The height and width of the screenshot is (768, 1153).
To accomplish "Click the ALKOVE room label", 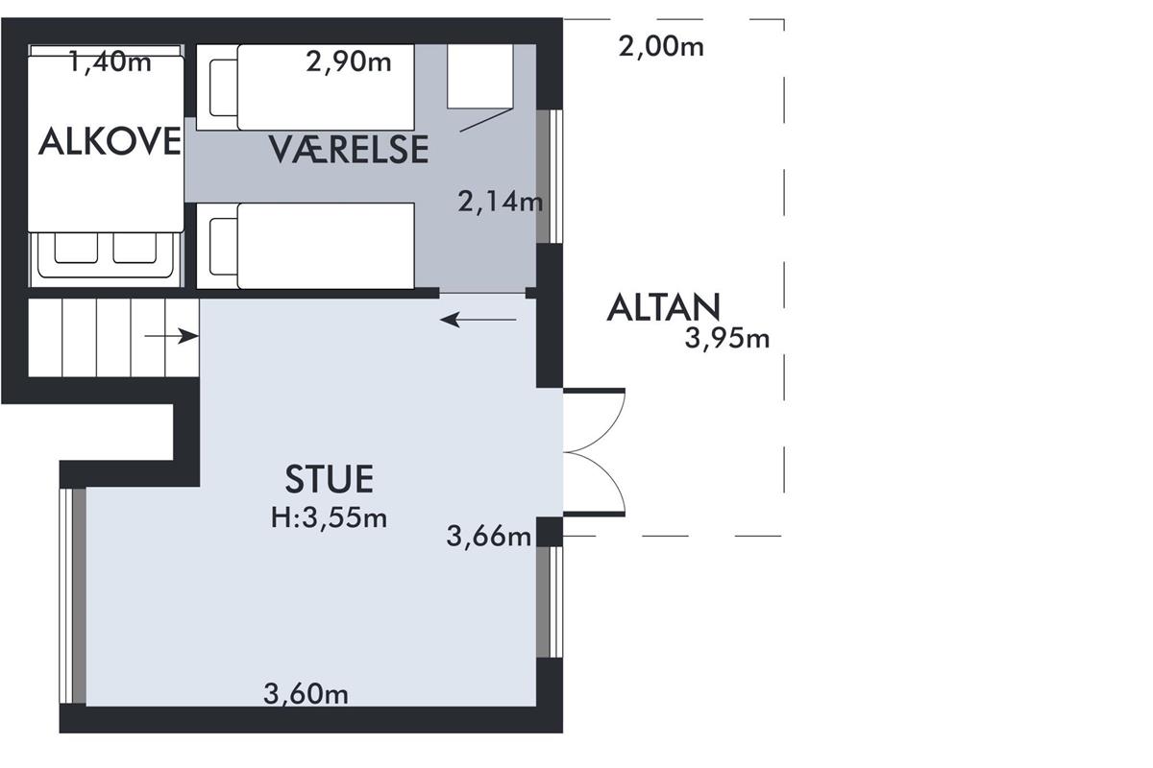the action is click(110, 141).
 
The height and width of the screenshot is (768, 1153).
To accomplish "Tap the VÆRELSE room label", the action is click(349, 150).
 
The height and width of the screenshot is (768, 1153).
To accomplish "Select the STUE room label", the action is click(329, 479).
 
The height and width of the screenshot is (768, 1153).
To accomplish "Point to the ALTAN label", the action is click(663, 307).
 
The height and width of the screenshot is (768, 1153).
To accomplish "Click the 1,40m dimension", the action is click(110, 61).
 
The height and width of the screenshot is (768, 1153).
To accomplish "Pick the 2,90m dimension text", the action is click(349, 61).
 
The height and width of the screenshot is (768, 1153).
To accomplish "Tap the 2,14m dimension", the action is click(500, 202).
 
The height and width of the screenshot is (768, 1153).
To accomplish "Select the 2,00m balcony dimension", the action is click(661, 47).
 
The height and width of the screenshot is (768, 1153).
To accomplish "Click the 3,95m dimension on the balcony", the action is click(726, 339).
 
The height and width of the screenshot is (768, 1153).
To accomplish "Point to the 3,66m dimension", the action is click(488, 536).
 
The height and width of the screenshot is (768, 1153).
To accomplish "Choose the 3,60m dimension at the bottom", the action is click(306, 694).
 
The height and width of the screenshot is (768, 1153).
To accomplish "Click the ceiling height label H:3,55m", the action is click(329, 517).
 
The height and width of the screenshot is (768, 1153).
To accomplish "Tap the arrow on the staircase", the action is click(171, 336).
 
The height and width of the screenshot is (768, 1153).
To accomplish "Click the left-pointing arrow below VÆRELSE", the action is click(478, 320).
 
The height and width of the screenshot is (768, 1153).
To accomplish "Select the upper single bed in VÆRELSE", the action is click(306, 87).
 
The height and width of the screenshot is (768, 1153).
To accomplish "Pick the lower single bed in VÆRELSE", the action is click(306, 246).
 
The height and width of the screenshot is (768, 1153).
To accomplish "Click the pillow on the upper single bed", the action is click(223, 87).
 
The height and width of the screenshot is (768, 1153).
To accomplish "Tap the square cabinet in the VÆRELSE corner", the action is click(479, 76).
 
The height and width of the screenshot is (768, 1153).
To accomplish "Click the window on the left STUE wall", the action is click(73, 596).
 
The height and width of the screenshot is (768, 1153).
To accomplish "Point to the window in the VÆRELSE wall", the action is click(550, 177).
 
